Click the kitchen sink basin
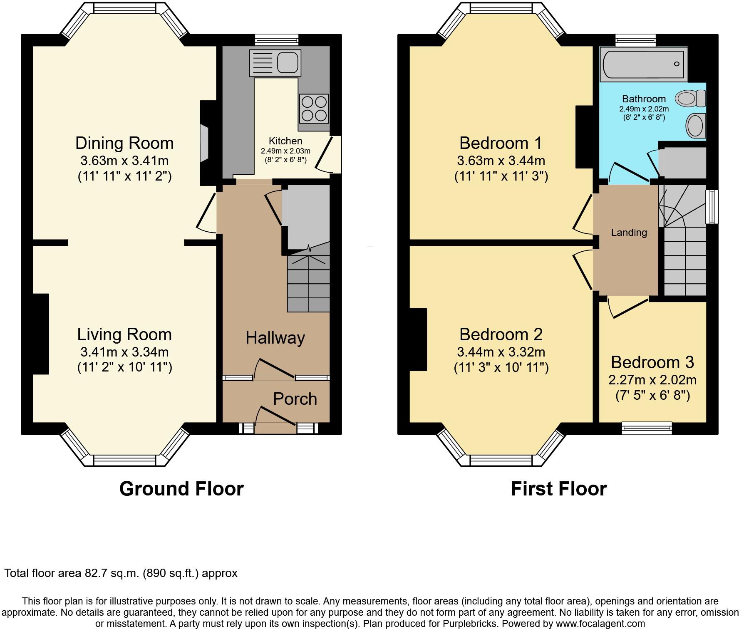287,63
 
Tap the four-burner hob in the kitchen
314,108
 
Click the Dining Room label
124,143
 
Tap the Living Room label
124,334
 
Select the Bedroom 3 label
652,362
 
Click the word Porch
295,399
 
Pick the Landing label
629,233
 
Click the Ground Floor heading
181,488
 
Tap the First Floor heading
558,488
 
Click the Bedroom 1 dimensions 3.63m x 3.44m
501,161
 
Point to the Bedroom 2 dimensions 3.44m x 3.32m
501,352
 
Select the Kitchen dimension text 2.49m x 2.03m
285,151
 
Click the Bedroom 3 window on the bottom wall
647,428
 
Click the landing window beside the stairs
712,207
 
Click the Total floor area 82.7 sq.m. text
121,573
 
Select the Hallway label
275,338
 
